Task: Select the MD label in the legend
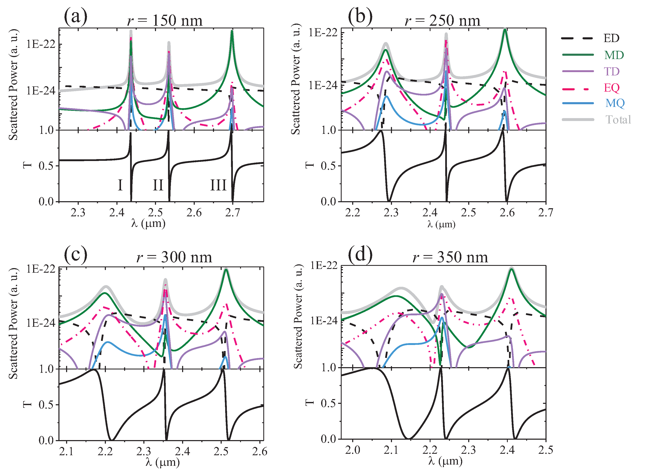tap(614, 55)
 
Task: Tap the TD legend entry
tap(611, 71)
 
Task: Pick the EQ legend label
tap(611, 88)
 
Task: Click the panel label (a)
tap(75, 17)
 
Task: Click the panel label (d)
tap(360, 254)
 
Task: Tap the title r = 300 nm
tap(174, 257)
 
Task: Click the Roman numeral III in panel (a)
tap(218, 185)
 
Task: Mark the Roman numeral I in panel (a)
tap(120, 185)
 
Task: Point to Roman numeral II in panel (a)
tap(158, 185)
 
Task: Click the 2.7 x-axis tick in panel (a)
tap(232, 213)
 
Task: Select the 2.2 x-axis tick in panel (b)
tap(352, 213)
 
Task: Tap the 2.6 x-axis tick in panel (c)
tap(260, 451)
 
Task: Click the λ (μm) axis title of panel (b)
tap(441, 224)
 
